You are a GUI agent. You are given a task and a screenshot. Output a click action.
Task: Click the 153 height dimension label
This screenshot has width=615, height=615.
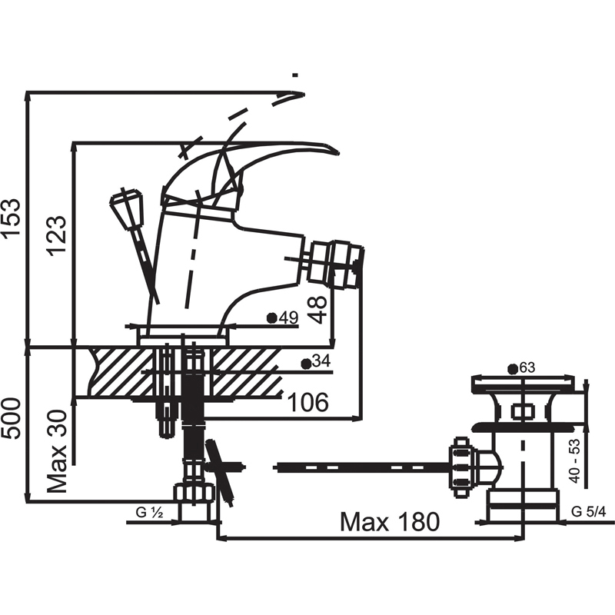click(x=11, y=218)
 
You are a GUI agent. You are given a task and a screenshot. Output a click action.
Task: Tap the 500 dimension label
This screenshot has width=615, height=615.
click(x=11, y=419)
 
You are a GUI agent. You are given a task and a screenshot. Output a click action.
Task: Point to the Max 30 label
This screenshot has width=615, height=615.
click(x=57, y=451)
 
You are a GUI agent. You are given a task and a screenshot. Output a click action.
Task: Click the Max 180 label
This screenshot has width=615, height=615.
click(x=390, y=522)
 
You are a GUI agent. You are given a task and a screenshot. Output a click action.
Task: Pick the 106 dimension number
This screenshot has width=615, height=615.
click(x=308, y=402)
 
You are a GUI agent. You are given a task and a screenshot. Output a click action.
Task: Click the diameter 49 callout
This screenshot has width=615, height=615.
click(x=282, y=317)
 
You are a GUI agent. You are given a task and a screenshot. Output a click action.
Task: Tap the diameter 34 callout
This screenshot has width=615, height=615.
click(x=316, y=362)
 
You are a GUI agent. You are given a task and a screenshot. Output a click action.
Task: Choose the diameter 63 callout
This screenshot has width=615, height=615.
click(x=521, y=368)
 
